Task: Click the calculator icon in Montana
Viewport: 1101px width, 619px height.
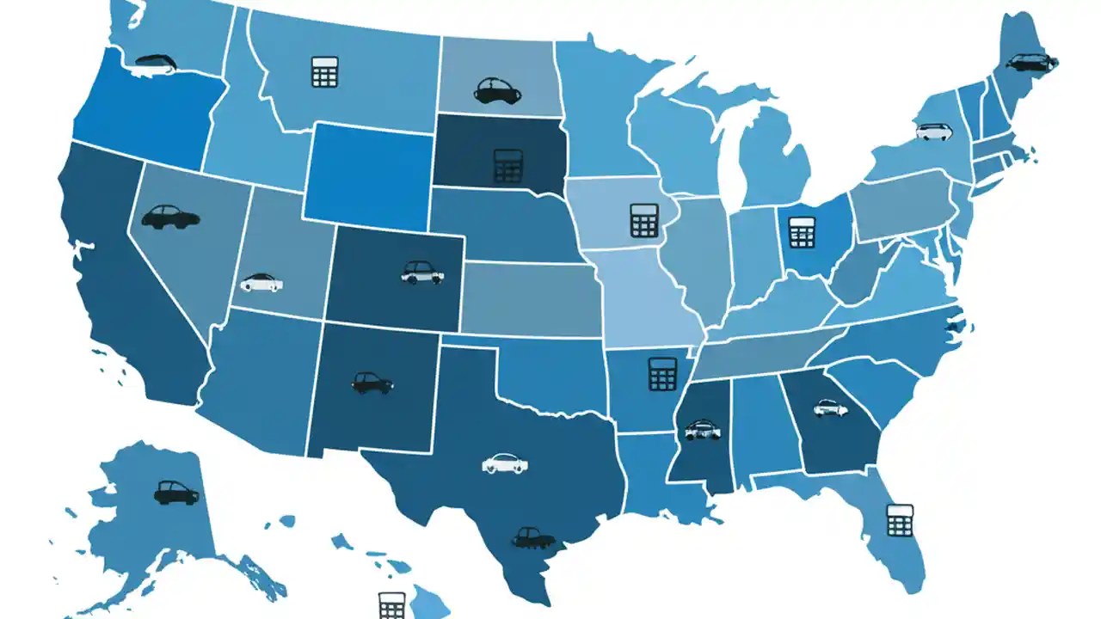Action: pyautogui.click(x=325, y=71)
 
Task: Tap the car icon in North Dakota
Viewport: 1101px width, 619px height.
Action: pyautogui.click(x=498, y=90)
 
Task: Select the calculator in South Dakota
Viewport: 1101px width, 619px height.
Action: pyautogui.click(x=508, y=165)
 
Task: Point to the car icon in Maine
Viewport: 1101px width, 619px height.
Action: pyautogui.click(x=1031, y=62)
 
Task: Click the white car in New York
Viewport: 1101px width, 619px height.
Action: pyautogui.click(x=934, y=132)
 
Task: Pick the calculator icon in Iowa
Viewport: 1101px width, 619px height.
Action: pyautogui.click(x=643, y=220)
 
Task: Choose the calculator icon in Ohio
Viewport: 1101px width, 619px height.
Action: pyautogui.click(x=802, y=231)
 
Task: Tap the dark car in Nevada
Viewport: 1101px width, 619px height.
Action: pyautogui.click(x=170, y=216)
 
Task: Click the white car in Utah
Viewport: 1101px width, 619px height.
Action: pyautogui.click(x=261, y=282)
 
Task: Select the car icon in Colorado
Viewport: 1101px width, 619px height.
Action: pyautogui.click(x=422, y=273)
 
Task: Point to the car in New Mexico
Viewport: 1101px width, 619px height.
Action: pyautogui.click(x=372, y=383)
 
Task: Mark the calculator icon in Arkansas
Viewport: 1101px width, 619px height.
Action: pyautogui.click(x=662, y=374)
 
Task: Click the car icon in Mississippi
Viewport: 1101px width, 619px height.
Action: pyautogui.click(x=702, y=429)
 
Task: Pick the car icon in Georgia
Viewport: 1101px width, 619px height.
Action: pyautogui.click(x=830, y=408)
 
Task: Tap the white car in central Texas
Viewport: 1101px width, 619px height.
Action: pyautogui.click(x=505, y=463)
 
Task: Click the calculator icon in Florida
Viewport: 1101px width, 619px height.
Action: pyautogui.click(x=900, y=520)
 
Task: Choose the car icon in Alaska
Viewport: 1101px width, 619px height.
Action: pyautogui.click(x=176, y=492)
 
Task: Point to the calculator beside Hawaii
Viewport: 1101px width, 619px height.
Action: pyautogui.click(x=391, y=605)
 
